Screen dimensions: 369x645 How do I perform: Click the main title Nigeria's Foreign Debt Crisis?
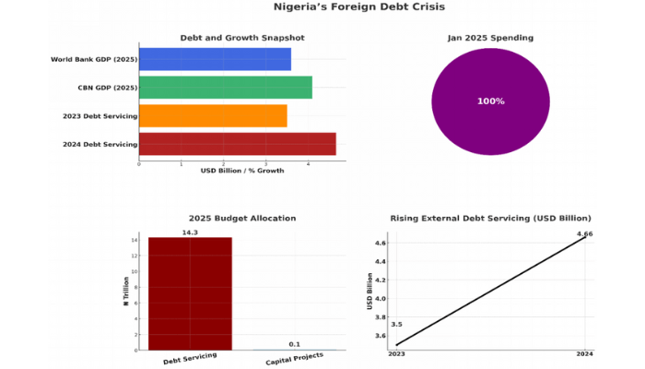(x=358, y=7)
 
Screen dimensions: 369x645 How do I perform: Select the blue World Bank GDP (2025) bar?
(x=215, y=59)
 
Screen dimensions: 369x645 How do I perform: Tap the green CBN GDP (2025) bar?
(x=225, y=88)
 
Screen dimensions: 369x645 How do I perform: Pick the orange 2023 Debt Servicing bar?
(x=213, y=115)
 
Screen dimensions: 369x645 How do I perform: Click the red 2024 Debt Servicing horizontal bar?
(x=237, y=144)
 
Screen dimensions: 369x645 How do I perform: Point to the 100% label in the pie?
(x=490, y=101)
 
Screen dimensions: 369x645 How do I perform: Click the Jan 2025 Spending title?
(x=490, y=38)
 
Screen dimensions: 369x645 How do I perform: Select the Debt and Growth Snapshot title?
(x=241, y=38)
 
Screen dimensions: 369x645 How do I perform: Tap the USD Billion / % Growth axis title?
(x=241, y=171)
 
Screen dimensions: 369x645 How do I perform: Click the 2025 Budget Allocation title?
(x=241, y=219)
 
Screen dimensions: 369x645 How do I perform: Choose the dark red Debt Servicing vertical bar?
(x=190, y=293)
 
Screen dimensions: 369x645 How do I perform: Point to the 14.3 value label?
(x=190, y=232)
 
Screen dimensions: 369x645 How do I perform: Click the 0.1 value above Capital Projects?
(x=294, y=344)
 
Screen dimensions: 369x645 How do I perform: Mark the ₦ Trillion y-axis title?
(x=125, y=293)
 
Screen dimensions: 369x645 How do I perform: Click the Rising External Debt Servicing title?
(x=490, y=219)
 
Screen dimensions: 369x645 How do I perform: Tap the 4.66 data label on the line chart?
(x=584, y=234)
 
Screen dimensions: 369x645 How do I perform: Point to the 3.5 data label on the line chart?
(x=396, y=325)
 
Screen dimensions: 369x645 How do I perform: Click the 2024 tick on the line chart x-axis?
(x=584, y=354)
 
